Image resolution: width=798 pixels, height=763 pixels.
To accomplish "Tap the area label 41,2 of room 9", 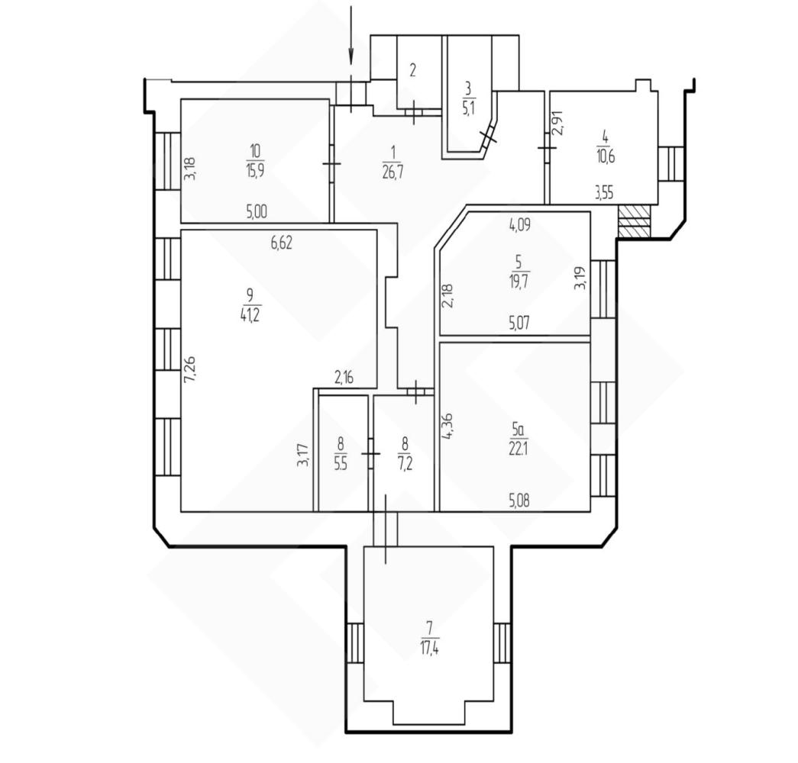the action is pos(250,315).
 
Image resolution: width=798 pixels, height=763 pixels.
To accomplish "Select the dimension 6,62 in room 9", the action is pos(282,243).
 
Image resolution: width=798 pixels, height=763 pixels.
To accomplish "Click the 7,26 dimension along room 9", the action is pos(189,370).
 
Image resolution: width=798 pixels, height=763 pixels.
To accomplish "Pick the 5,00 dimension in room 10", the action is pos(257,211).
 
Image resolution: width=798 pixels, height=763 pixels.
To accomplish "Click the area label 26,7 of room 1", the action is pos(393,172).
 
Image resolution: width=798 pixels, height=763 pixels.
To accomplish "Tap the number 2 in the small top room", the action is pos(412,69).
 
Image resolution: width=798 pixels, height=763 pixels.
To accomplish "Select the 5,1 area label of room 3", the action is pos(468,108).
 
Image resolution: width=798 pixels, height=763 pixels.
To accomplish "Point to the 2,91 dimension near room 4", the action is pos(559,123).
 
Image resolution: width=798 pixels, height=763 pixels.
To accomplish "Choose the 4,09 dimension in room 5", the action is pos(520,225).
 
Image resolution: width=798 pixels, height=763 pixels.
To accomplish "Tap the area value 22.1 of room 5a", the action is pos(518,449).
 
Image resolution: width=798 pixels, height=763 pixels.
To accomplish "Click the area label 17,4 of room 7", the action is pos(430,649).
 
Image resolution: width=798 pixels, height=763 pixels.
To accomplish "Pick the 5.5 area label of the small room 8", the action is pos(341,464).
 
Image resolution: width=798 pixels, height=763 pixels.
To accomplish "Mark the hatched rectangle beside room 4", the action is pos(634,221).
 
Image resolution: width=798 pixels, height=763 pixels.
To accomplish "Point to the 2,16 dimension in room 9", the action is pos(344,378).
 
